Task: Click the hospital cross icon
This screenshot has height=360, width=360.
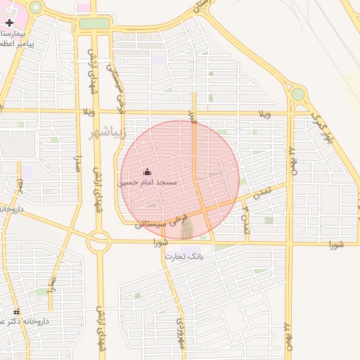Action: (x=9, y=22)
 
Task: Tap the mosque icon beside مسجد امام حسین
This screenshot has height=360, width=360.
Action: (x=147, y=172)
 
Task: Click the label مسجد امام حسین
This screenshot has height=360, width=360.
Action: (x=148, y=182)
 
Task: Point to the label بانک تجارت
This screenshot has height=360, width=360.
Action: (x=184, y=257)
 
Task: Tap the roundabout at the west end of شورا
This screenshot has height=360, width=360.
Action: (x=98, y=243)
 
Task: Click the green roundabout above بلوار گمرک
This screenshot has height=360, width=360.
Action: (x=298, y=94)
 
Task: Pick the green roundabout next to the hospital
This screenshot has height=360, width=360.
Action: (x=35, y=7)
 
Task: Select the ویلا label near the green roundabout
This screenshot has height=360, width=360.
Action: (x=264, y=113)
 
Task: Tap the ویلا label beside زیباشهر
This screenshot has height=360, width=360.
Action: (x=87, y=112)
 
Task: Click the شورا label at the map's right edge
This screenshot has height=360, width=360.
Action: (x=336, y=244)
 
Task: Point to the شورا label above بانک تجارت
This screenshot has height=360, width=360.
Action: (x=161, y=243)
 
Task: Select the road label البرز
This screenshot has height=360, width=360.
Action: (x=191, y=115)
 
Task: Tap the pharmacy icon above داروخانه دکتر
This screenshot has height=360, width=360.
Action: (x=17, y=312)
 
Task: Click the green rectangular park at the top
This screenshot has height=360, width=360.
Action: (x=94, y=24)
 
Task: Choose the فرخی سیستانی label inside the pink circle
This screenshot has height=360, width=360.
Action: (x=161, y=220)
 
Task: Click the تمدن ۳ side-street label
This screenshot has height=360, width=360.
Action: (x=245, y=216)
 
